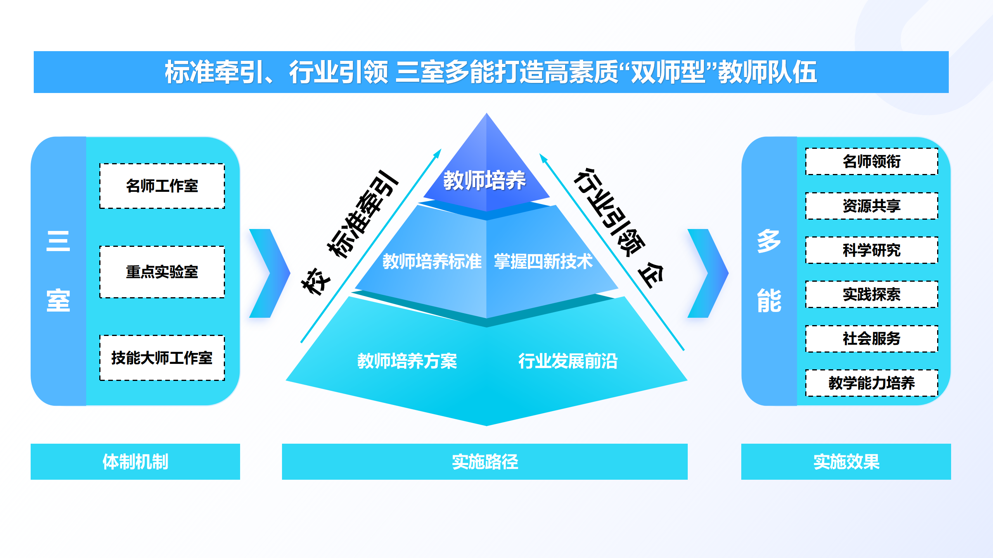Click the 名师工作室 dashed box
tap(162, 186)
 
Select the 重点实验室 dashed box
tap(162, 272)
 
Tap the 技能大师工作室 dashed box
tap(162, 358)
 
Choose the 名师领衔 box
tap(872, 162)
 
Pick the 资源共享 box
tap(872, 206)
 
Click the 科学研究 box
tap(872, 250)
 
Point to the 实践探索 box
tap(872, 294)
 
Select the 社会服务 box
tap(872, 339)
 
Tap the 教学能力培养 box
tap(872, 383)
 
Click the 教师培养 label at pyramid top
tap(484, 181)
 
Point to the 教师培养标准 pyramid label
tap(432, 262)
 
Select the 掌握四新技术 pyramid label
tap(543, 262)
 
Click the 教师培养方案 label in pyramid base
tap(407, 361)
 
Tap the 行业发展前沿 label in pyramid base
tap(568, 361)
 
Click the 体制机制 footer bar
tap(135, 462)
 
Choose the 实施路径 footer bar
tap(484, 462)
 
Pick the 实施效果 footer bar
tap(846, 462)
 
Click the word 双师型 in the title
tap(668, 72)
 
